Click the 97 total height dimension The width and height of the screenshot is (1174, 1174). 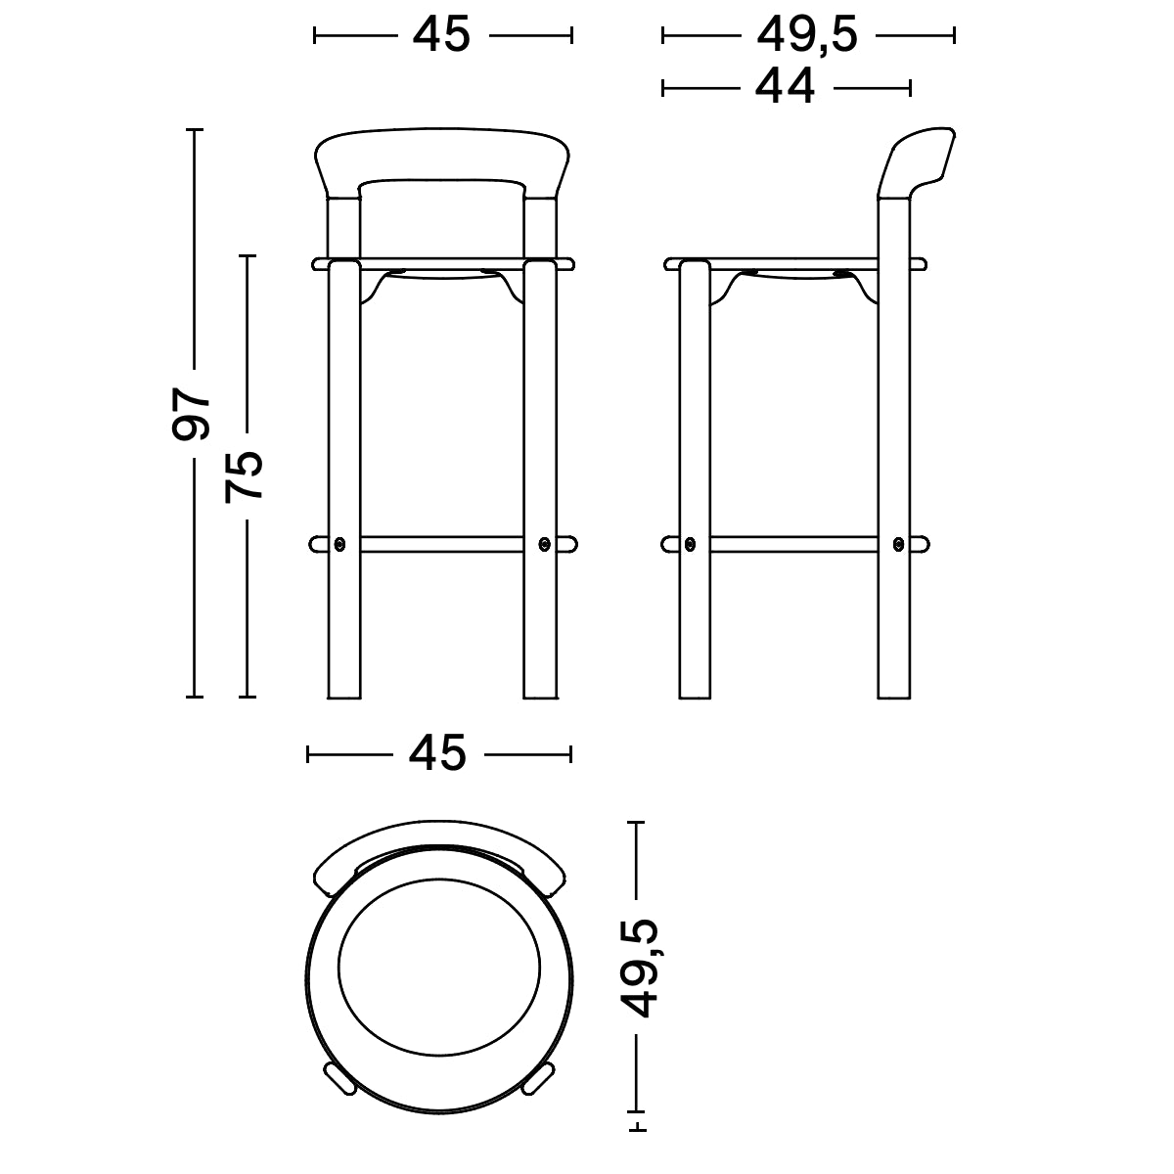pos(192,413)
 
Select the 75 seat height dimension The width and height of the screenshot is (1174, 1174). pos(245,476)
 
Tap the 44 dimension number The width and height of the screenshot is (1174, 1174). pos(785,87)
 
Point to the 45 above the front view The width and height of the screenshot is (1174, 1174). pos(441,35)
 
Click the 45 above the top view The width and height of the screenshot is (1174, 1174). pos(437,753)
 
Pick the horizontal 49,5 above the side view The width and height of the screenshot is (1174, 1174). pos(807,35)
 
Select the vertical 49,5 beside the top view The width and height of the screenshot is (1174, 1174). pos(641,969)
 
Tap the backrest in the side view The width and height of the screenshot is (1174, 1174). pos(916,161)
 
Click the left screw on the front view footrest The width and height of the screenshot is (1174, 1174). pos(339,543)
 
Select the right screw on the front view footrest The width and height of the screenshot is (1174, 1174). pos(545,543)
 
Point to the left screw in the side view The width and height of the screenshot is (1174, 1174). pos(691,543)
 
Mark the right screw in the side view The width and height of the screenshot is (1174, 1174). pos(897,543)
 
